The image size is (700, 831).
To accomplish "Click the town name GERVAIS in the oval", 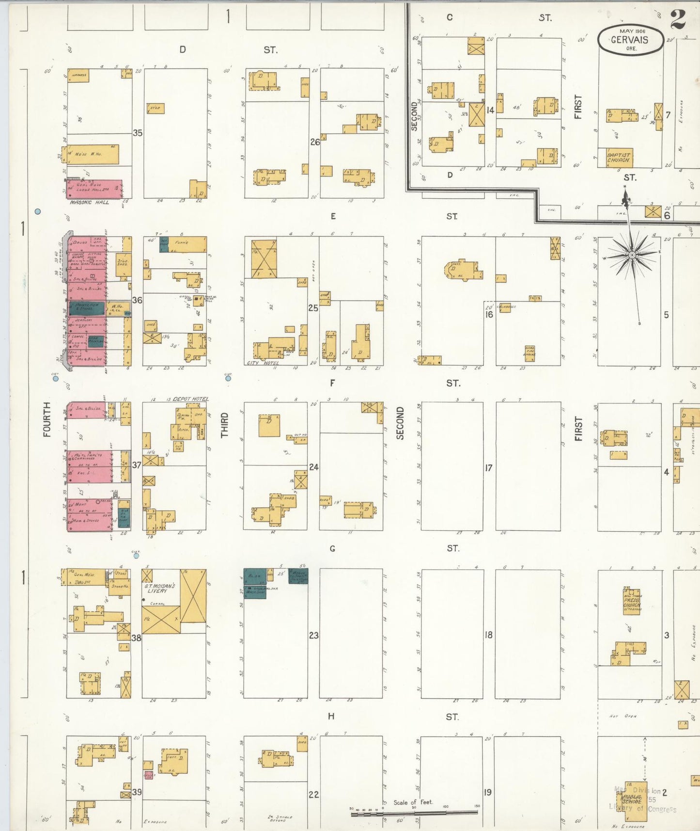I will [629, 40].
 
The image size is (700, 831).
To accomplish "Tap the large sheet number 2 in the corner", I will [678, 19].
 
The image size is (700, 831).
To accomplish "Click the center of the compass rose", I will [632, 255].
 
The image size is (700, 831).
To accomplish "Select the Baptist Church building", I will [619, 158].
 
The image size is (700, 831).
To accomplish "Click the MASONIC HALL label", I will [90, 202].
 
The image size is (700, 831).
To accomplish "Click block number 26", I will [315, 142].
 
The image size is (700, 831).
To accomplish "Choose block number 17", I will [489, 468].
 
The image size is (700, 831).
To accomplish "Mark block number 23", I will [314, 635].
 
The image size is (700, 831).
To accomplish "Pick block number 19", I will [487, 792].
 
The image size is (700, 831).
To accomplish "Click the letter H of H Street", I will [331, 716].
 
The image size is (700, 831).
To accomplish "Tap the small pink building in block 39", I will [149, 775].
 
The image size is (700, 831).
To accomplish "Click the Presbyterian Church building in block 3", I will [632, 602].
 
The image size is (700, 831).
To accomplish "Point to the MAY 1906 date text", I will [629, 31].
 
